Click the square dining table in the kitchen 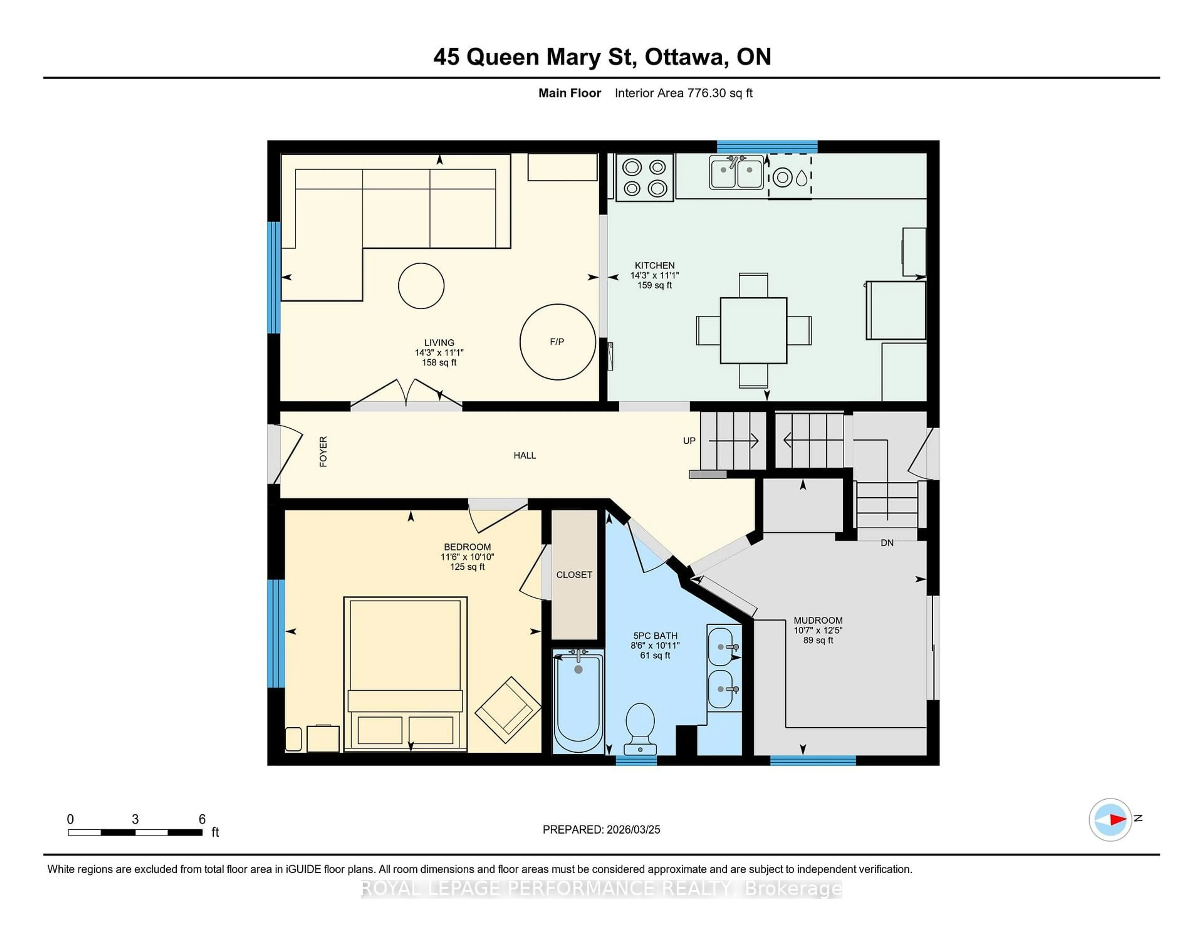click(x=753, y=331)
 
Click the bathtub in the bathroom click(x=578, y=701)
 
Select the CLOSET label click(x=574, y=575)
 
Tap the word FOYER click(x=323, y=452)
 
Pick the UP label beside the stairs click(x=689, y=441)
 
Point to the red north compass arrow click(x=1117, y=820)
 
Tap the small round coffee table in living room click(x=421, y=285)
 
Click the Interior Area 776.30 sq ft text click(x=684, y=93)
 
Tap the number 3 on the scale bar click(x=135, y=819)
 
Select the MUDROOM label click(x=818, y=620)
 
